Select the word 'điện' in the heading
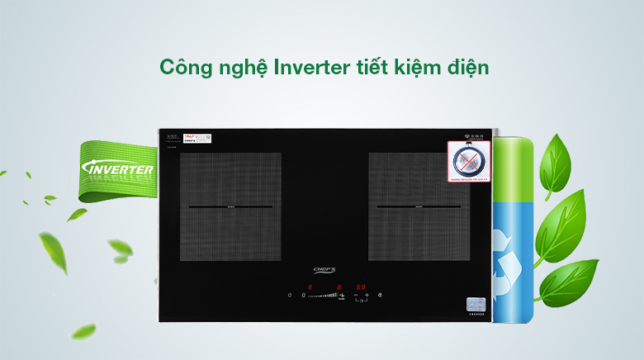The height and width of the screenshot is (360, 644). [x=463, y=68]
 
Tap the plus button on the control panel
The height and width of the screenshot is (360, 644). [x=367, y=295]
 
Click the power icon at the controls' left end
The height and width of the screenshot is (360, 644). [x=290, y=295]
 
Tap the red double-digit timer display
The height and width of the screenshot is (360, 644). [x=361, y=287]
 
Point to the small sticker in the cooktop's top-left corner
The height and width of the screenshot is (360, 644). [x=197, y=138]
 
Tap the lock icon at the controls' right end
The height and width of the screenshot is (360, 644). [x=379, y=295]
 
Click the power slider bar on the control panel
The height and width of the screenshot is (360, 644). [x=324, y=295]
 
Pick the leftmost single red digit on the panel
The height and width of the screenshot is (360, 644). [x=310, y=287]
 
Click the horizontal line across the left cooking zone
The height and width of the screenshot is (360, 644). [x=230, y=206]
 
